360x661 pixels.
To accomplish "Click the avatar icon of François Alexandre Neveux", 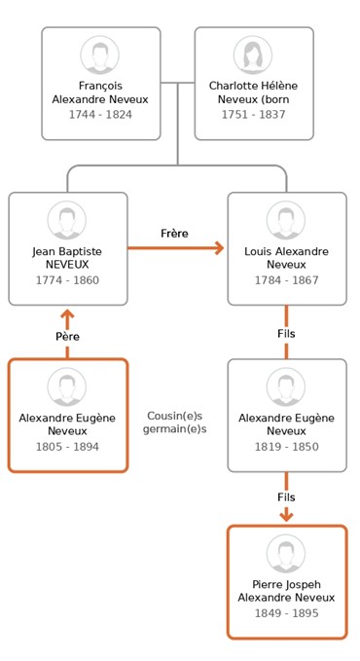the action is tap(100, 55).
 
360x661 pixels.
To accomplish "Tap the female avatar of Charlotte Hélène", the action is tap(253, 55).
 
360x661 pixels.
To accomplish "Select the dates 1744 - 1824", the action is tap(100, 115).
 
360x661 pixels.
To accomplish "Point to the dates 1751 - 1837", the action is tap(254, 115).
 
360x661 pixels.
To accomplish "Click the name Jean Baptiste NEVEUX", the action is tap(67, 258).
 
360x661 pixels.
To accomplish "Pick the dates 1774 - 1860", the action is tap(67, 280).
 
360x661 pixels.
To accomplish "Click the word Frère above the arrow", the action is tap(174, 234).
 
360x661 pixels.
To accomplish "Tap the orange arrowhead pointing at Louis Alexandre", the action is tap(219, 248).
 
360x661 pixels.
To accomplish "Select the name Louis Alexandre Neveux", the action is tap(287, 258).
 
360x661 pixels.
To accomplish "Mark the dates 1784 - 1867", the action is tap(287, 280).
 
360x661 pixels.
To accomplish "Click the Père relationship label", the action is tap(67, 337).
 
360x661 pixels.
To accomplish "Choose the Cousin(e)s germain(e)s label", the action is tap(174, 422).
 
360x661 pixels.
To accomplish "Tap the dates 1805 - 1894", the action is tap(67, 447).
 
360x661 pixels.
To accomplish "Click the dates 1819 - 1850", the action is tap(287, 447).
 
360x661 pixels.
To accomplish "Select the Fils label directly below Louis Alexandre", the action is tap(287, 334).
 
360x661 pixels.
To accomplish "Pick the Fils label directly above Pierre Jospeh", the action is tap(287, 497).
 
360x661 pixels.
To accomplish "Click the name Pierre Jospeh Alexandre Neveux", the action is tap(287, 591).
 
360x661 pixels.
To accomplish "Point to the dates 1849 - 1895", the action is tap(287, 613).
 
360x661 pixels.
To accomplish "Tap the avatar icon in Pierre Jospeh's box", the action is tap(286, 554).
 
